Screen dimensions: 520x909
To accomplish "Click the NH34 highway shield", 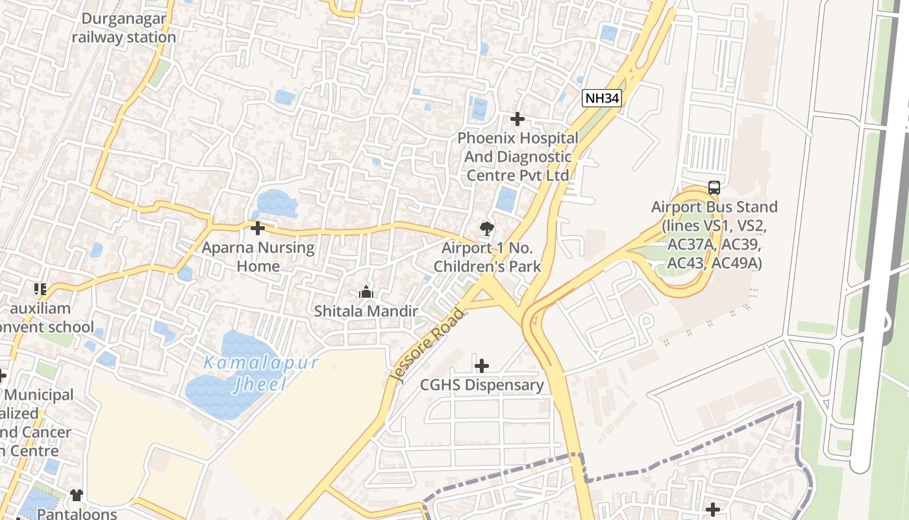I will (x=602, y=99).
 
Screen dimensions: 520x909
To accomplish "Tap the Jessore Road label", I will (x=429, y=346).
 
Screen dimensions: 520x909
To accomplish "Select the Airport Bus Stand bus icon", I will (x=714, y=188).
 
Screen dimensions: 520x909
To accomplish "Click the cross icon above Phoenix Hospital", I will (x=517, y=119).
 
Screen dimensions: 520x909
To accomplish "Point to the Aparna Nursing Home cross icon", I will (x=258, y=228).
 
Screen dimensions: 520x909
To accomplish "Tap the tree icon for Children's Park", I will (x=486, y=228).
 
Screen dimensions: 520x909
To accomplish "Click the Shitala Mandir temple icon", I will (x=366, y=292).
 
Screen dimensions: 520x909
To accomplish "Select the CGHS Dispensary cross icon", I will (x=482, y=366).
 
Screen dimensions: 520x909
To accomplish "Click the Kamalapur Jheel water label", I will (x=261, y=372).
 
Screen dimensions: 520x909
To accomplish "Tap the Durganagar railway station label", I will (x=123, y=28).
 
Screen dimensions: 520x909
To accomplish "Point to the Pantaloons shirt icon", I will (x=77, y=495).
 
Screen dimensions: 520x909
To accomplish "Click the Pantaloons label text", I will (x=76, y=513).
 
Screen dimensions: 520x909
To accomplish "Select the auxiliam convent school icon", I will (x=40, y=289).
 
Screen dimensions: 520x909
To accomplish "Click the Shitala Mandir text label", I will (x=366, y=311).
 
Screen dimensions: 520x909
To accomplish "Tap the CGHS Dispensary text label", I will (x=482, y=385).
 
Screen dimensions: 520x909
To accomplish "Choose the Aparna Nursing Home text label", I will (x=258, y=257).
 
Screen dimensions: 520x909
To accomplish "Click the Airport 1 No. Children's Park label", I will (x=487, y=257).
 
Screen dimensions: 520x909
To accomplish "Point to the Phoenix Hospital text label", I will (x=517, y=157).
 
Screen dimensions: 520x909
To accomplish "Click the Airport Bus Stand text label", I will (x=714, y=235).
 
